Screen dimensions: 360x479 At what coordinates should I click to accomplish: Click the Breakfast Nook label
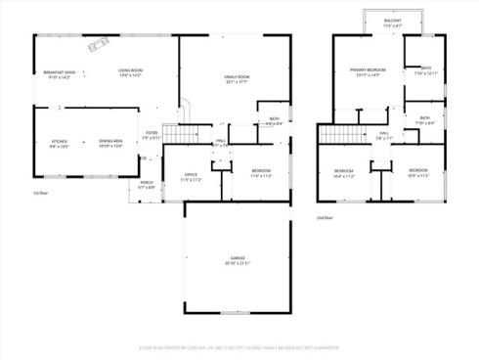[x=61, y=73]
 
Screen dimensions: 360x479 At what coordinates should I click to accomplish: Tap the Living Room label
[x=130, y=73]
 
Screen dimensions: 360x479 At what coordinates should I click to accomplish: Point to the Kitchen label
[x=59, y=143]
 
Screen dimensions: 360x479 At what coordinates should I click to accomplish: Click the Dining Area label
[x=111, y=143]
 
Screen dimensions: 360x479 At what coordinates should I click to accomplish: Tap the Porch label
[x=147, y=184]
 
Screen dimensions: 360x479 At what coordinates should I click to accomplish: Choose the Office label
[x=192, y=177]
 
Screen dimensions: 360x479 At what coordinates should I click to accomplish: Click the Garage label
[x=238, y=258]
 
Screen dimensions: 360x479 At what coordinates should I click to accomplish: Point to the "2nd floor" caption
[x=326, y=217]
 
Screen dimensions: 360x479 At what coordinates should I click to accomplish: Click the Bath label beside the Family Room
[x=274, y=121]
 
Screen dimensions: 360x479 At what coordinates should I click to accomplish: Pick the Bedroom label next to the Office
[x=261, y=173]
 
